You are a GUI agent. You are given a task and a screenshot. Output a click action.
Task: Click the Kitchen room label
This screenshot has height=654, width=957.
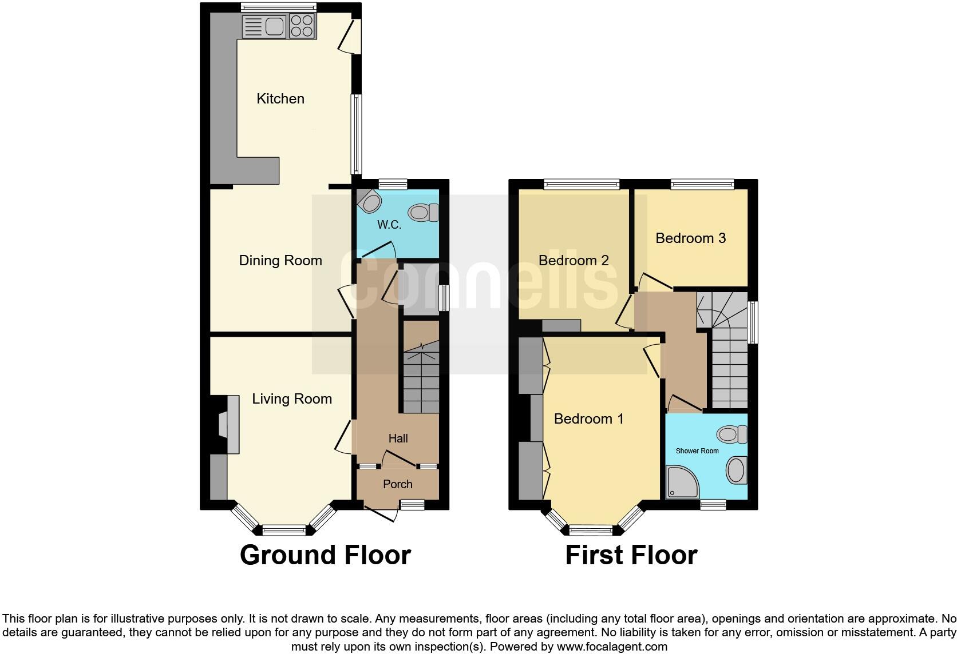(280, 99)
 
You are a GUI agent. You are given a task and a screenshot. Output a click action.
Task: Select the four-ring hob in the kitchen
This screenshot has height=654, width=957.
(302, 26)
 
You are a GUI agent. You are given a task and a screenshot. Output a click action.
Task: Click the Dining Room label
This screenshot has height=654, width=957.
(280, 261)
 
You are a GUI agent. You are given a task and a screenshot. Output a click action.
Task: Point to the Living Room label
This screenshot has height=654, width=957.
(292, 399)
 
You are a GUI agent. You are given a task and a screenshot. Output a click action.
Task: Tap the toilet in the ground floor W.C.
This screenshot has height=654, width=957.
(424, 213)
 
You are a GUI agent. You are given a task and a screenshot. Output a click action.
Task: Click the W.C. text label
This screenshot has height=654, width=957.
(389, 225)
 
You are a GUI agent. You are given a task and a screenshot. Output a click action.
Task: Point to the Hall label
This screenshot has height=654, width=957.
(398, 438)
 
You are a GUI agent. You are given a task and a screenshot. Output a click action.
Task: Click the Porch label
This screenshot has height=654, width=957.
(397, 484)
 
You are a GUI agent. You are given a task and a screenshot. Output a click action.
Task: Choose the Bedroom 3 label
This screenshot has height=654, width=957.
(690, 238)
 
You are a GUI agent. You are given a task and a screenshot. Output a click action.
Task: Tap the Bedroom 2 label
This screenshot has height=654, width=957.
(574, 261)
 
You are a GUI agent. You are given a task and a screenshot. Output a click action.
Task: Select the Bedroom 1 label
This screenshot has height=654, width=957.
(588, 419)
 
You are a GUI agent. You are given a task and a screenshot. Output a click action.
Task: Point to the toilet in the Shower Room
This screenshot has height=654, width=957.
(732, 434)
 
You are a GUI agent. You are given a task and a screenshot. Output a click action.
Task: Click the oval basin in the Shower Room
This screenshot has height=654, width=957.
(736, 471)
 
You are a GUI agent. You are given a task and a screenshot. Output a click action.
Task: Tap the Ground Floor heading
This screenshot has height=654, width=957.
(325, 555)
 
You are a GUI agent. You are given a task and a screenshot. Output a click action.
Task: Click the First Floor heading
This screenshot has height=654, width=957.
(631, 555)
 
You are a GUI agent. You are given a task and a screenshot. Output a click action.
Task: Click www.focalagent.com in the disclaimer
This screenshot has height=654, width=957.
(612, 647)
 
